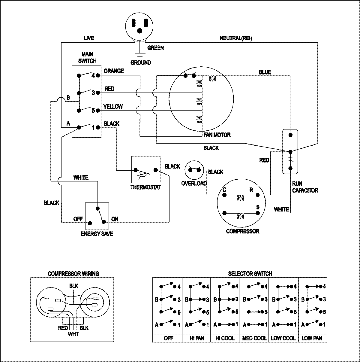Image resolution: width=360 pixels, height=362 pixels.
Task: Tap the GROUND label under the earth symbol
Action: click(140, 62)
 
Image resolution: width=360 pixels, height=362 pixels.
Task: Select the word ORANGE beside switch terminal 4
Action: click(114, 71)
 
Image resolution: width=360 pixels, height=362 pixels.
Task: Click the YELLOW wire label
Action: click(113, 106)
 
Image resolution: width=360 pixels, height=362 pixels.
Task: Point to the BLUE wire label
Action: click(265, 72)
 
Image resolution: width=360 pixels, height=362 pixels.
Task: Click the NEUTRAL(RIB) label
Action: click(236, 38)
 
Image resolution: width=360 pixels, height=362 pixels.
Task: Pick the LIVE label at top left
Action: click(88, 38)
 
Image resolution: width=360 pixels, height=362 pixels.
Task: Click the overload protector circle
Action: click(194, 170)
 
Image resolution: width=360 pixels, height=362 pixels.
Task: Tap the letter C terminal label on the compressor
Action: click(224, 190)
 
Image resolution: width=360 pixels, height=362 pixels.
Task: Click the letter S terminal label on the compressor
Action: click(257, 207)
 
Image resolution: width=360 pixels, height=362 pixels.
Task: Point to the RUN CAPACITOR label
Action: click(305, 187)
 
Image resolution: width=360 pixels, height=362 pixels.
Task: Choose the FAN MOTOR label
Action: click(217, 135)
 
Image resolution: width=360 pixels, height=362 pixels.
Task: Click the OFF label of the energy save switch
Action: click(78, 219)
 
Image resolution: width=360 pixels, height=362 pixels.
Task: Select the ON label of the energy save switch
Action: click(115, 219)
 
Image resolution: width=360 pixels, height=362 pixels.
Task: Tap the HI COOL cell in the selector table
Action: click(225, 338)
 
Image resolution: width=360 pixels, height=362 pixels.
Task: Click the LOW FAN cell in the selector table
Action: click(312, 338)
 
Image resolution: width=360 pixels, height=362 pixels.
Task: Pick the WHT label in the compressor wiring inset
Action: click(73, 334)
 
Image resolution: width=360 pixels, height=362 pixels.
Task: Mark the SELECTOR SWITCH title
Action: click(250, 274)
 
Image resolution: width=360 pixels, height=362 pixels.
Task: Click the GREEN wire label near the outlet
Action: click(156, 48)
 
